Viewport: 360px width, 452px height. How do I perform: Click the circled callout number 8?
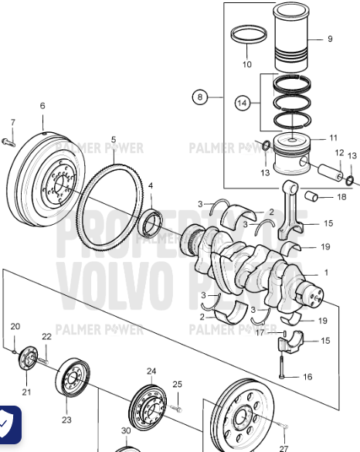point(201,97)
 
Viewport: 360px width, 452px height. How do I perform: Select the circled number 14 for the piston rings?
point(242,102)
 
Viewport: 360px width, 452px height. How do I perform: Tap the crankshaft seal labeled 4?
point(151,222)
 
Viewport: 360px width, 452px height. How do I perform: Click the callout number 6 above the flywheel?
point(42,106)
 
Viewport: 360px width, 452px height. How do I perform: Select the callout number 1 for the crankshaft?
point(325,273)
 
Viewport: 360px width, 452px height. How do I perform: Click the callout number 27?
point(284,447)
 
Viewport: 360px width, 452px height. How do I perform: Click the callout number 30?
point(126,430)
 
